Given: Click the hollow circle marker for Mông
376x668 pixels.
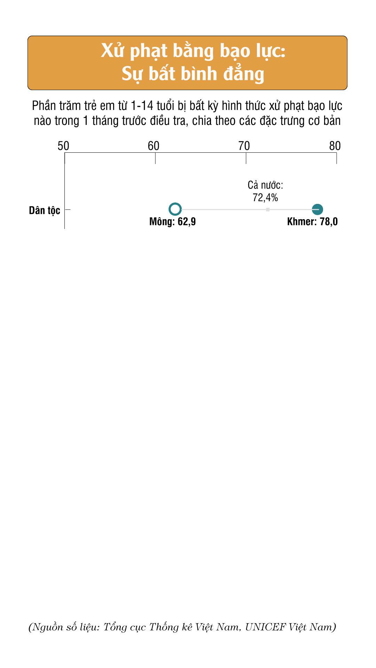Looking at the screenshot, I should [175, 209].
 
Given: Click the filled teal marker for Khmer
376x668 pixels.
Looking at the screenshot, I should [317, 209].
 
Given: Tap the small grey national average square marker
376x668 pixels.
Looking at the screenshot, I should [268, 209].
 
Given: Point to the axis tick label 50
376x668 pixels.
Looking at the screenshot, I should [63, 146].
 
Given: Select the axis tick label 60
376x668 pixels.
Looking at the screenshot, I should [154, 146].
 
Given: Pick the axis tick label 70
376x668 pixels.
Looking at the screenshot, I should [244, 146].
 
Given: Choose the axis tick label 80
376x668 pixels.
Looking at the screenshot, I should [335, 146].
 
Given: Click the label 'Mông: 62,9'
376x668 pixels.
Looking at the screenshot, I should [172, 222].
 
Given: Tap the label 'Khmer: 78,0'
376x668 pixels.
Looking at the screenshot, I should [312, 222].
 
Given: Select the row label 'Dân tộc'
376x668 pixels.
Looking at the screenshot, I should [45, 210].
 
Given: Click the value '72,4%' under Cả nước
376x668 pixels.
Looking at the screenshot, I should [265, 198].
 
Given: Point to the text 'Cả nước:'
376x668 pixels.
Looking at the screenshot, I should [265, 185].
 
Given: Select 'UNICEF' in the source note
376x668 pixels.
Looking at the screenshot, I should [265, 627].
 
